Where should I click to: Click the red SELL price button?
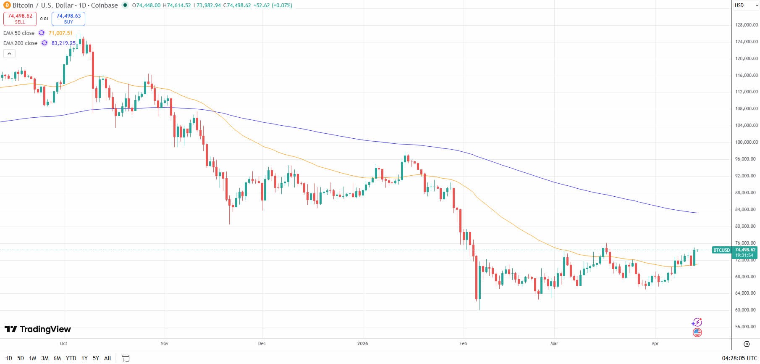(20, 18)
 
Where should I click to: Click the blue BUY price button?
(68, 18)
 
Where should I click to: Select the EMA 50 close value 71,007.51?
(60, 33)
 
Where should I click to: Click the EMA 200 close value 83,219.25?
(63, 43)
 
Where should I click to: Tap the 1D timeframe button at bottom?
(9, 358)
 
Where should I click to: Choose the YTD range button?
(71, 358)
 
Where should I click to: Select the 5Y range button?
(96, 358)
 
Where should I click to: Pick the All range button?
(107, 358)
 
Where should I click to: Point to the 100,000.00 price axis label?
(746, 142)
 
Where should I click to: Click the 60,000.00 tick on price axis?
(746, 310)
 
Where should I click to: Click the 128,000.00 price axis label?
(746, 25)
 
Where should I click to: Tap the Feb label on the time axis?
(463, 343)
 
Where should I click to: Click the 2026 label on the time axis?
(362, 343)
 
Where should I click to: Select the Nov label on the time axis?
(164, 343)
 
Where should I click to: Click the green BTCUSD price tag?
(721, 250)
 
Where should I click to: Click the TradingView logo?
(38, 329)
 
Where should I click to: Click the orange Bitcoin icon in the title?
(7, 5)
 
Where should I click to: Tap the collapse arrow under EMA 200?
(9, 53)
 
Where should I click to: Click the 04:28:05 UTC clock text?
(739, 358)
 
